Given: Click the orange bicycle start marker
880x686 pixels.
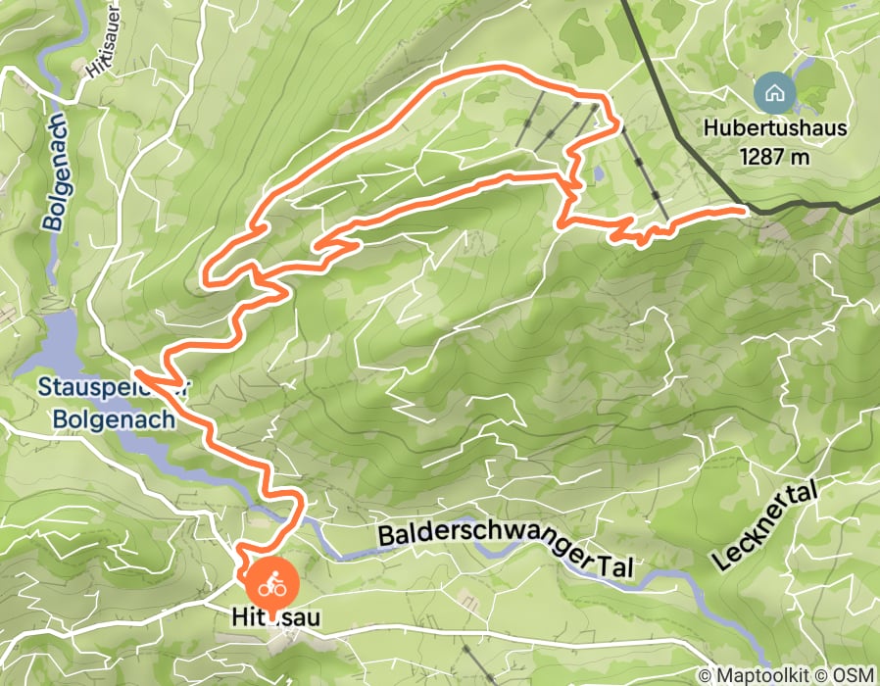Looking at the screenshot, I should pyautogui.click(x=271, y=585).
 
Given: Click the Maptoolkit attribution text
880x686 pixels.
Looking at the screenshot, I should pyautogui.click(x=760, y=674).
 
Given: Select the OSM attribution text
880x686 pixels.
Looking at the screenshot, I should pyautogui.click(x=854, y=674).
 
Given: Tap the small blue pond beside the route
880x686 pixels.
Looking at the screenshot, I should pyautogui.click(x=598, y=174).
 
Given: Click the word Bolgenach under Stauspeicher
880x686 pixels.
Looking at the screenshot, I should pyautogui.click(x=107, y=418).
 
